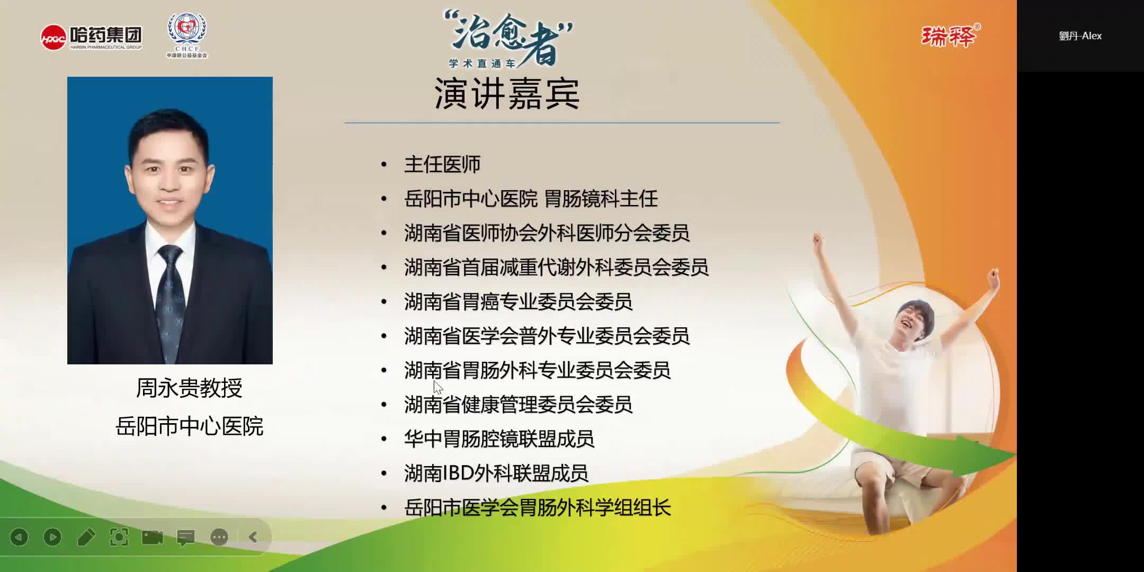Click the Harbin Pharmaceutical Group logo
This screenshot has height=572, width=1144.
pyautogui.click(x=91, y=37)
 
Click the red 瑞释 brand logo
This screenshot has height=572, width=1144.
pyautogui.click(x=950, y=36)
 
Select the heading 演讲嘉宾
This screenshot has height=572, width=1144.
pyautogui.click(x=507, y=94)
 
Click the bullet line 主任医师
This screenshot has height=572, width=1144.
pyautogui.click(x=442, y=165)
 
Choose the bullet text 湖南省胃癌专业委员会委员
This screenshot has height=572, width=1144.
pyautogui.click(x=518, y=302)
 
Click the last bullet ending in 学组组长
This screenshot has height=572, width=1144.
pyautogui.click(x=537, y=508)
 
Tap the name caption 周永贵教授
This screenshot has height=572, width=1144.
pyautogui.click(x=189, y=388)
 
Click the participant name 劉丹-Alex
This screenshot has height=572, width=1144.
pyautogui.click(x=1080, y=36)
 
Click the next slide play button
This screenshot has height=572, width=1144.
pyautogui.click(x=52, y=538)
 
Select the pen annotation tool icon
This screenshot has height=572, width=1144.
pyautogui.click(x=86, y=538)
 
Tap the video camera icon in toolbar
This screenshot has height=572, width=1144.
pyautogui.click(x=153, y=538)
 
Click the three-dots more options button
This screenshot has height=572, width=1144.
pyautogui.click(x=219, y=538)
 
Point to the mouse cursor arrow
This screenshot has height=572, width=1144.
pyautogui.click(x=437, y=387)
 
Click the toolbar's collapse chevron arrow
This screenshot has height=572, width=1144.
pyautogui.click(x=253, y=538)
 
